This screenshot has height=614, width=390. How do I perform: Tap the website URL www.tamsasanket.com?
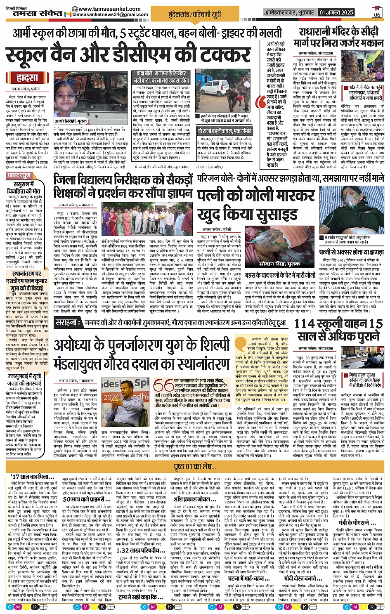pos(109,9)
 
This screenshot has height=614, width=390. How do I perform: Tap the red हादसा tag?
pos(27,78)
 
